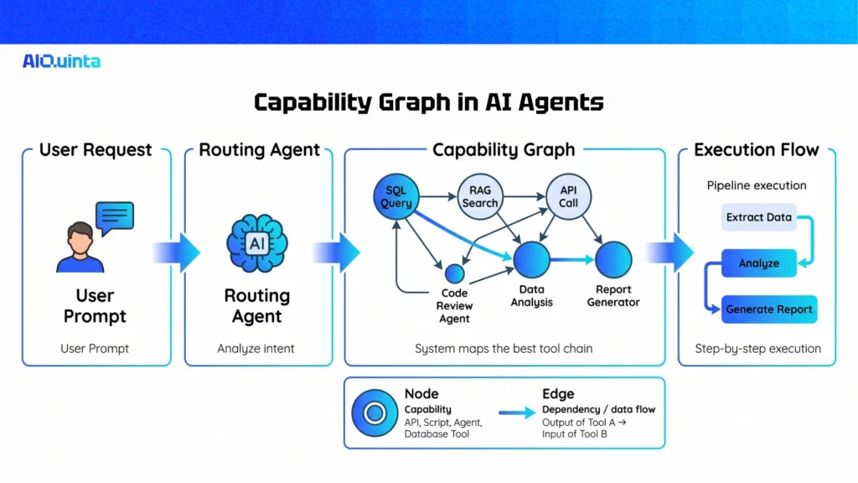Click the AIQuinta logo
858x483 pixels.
(x=61, y=60)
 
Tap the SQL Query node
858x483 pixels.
(x=394, y=197)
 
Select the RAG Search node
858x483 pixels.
(x=479, y=197)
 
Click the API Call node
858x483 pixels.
(x=568, y=197)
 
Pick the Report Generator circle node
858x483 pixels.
(x=612, y=260)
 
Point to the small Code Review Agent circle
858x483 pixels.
(x=454, y=273)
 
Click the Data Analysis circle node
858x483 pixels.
(x=531, y=260)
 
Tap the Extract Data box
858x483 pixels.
(x=758, y=217)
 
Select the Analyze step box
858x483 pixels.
(x=758, y=263)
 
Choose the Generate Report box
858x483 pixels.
(x=768, y=309)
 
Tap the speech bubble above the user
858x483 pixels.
(x=115, y=217)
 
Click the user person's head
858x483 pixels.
(x=81, y=237)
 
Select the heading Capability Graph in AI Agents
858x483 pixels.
(x=428, y=102)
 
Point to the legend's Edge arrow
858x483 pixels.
(x=517, y=412)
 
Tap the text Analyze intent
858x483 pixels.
(x=256, y=349)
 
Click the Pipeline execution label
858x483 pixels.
(x=757, y=185)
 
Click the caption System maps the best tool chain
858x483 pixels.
(x=504, y=349)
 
